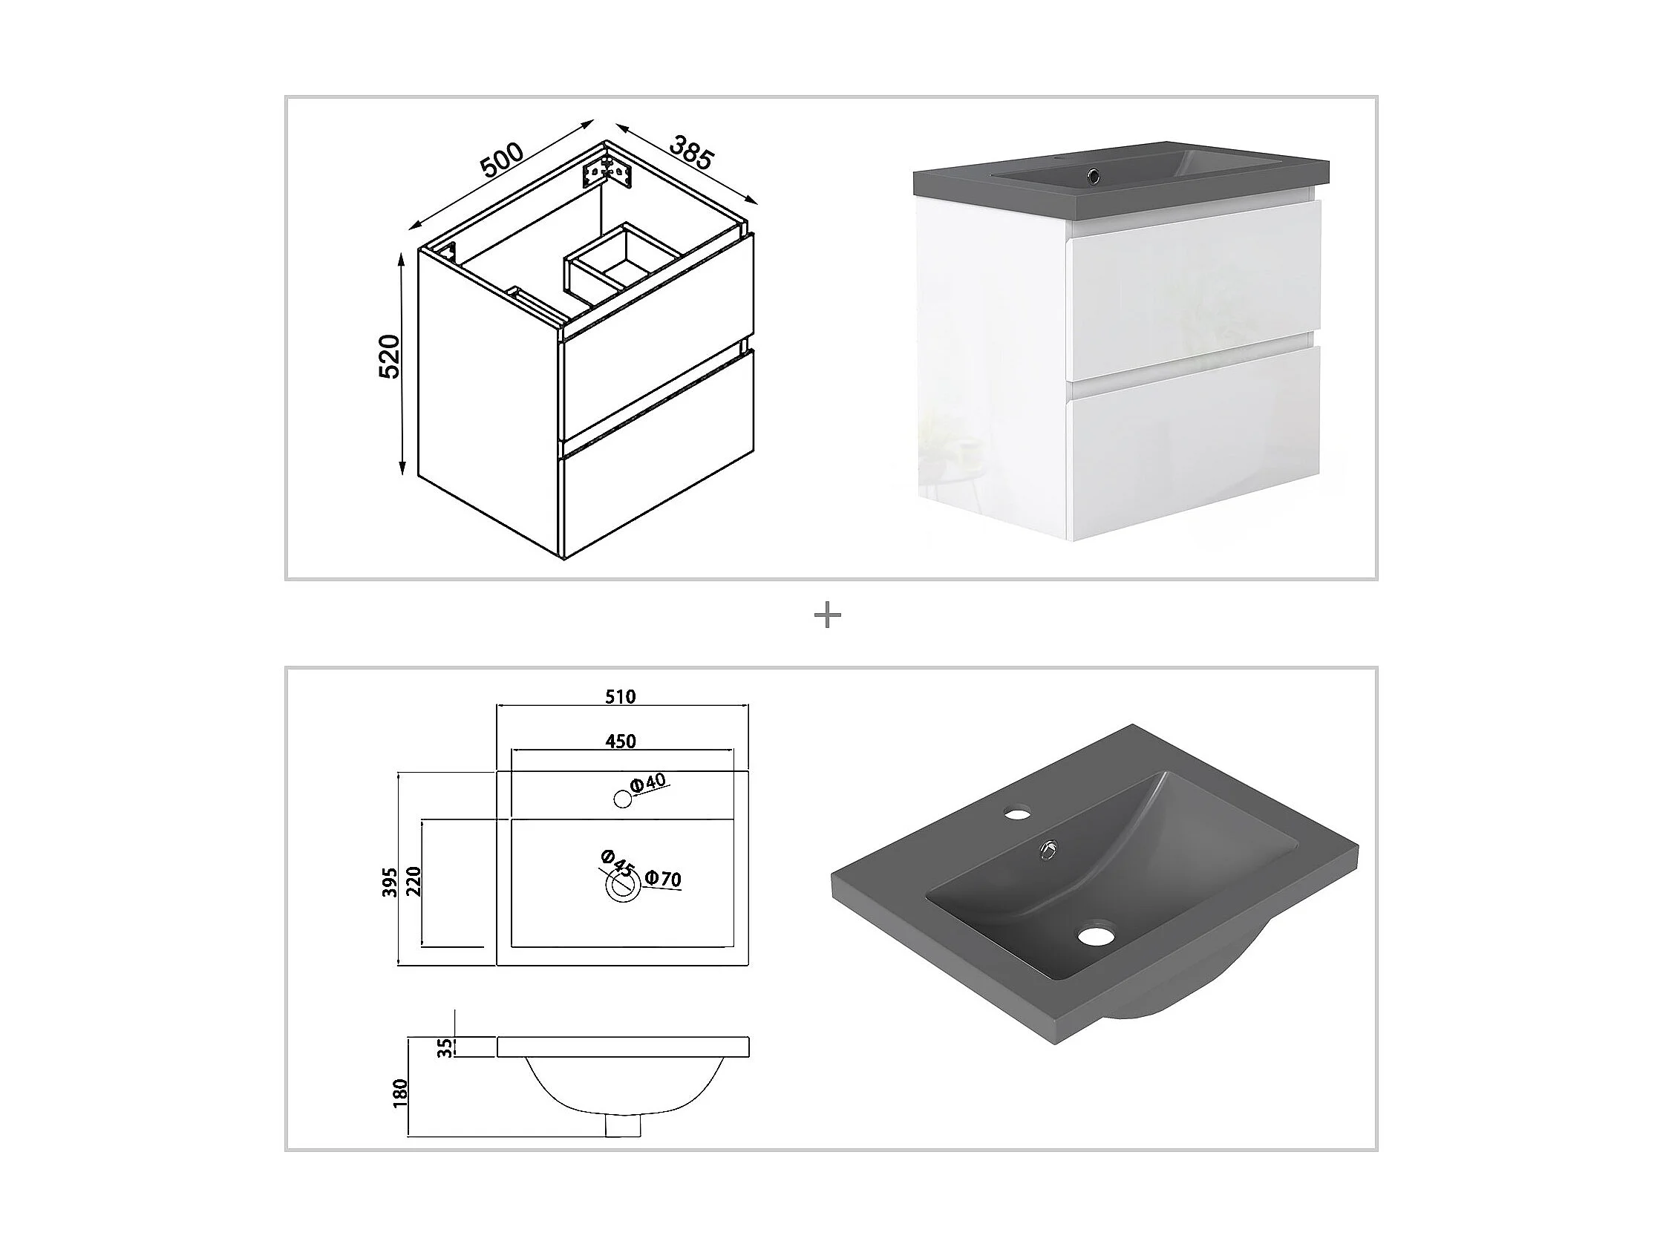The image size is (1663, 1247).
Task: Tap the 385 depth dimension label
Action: click(x=690, y=154)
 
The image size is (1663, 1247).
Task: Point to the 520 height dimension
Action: click(x=390, y=357)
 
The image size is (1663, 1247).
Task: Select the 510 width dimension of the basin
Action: click(x=621, y=697)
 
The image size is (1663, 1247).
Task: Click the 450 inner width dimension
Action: click(x=621, y=741)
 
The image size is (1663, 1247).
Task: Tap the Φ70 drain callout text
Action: click(x=663, y=878)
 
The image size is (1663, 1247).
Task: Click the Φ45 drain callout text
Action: click(x=618, y=862)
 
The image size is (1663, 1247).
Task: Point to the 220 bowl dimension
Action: click(x=414, y=882)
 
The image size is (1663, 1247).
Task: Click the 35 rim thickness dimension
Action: click(x=446, y=1047)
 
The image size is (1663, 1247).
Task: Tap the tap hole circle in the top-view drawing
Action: click(x=622, y=799)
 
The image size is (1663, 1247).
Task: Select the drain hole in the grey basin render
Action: click(x=1096, y=936)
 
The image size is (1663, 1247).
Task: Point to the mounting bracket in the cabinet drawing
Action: click(x=610, y=171)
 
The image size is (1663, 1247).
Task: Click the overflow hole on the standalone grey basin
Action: click(x=1048, y=850)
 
